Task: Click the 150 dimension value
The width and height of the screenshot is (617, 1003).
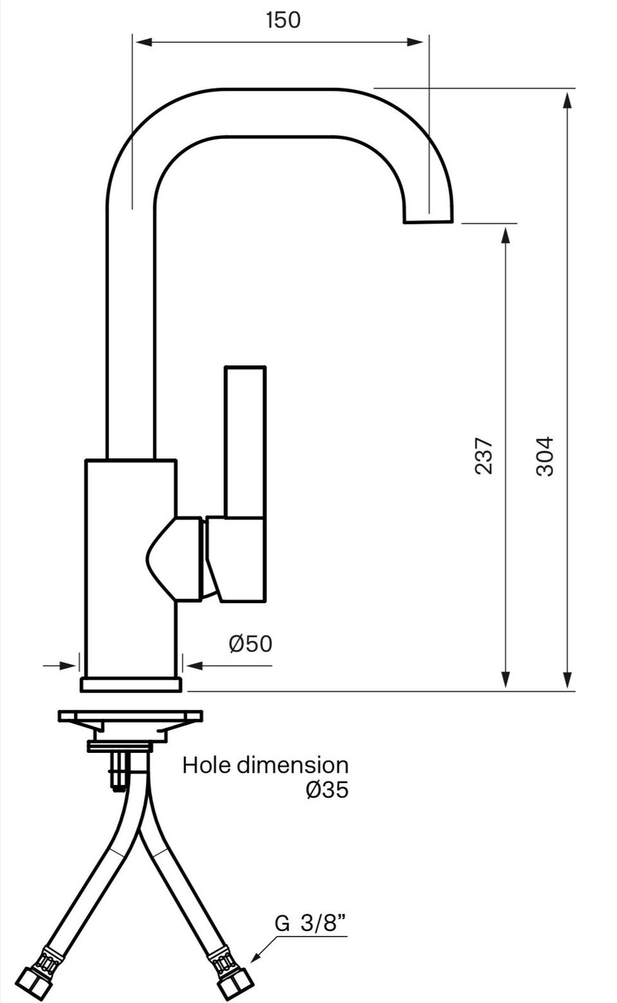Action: click(x=283, y=20)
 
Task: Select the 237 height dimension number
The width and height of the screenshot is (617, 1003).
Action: click(x=484, y=456)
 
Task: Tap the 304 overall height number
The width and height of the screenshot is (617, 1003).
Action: click(x=545, y=456)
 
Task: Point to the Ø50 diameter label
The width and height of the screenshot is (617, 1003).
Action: click(x=250, y=644)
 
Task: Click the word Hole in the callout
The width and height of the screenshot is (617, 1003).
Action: click(x=208, y=765)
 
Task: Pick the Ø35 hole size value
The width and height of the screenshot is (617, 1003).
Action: click(x=327, y=790)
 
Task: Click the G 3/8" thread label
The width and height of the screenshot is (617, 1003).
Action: click(x=310, y=923)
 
